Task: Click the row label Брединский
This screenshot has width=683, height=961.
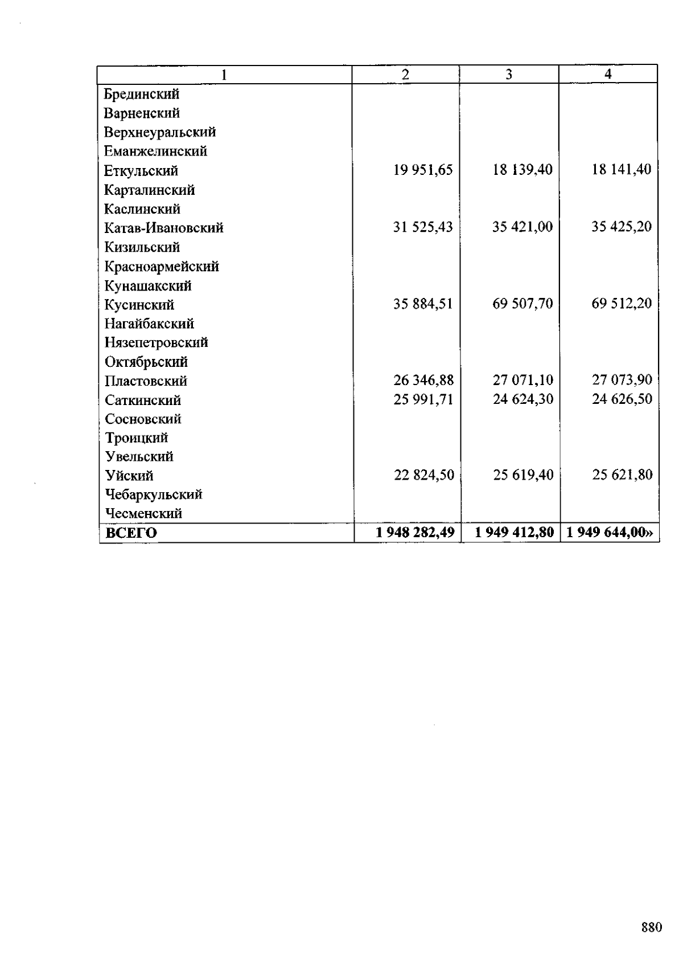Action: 142,94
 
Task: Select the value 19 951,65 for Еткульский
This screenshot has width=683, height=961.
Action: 423,170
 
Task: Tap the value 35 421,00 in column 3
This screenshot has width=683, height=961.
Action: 522,227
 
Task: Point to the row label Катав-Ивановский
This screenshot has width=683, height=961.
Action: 164,228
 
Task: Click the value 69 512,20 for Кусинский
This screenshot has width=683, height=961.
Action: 622,303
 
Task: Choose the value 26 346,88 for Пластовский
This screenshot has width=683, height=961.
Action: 423,380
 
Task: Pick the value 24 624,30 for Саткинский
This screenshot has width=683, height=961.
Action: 523,399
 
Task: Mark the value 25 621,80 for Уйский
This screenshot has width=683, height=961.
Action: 622,475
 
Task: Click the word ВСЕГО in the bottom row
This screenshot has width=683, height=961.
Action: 131,533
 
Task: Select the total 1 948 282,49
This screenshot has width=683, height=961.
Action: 415,533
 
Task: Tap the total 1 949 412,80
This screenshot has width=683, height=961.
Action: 515,533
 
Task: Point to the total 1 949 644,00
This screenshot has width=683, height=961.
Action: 610,533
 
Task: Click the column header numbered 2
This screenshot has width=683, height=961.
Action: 405,74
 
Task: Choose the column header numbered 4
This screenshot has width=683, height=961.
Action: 608,74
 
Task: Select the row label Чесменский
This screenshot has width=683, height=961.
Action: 144,513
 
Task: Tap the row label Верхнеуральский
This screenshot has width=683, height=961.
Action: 160,132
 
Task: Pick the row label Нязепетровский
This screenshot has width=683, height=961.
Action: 157,342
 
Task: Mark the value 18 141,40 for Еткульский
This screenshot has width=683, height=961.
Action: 622,169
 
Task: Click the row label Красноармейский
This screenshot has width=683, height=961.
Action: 162,266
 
